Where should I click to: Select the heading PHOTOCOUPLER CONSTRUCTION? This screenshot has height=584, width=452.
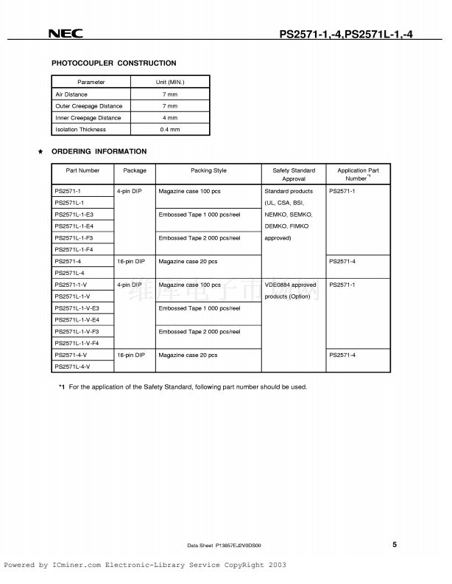(113, 63)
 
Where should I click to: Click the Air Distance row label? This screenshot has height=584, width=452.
(71, 94)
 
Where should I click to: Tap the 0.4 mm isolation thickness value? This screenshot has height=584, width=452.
(170, 130)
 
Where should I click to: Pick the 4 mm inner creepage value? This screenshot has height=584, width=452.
(170, 118)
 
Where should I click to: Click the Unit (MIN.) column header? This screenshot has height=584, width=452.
(170, 83)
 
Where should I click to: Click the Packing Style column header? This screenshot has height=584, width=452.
(208, 170)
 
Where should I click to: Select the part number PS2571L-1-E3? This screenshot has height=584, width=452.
(74, 214)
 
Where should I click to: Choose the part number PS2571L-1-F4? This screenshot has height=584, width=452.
(74, 249)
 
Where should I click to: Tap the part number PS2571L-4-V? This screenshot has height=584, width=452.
(72, 366)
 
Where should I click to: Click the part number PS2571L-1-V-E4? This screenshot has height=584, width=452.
(77, 319)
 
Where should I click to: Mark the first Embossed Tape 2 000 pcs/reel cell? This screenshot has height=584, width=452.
(199, 237)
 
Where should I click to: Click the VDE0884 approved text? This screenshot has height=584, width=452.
(290, 285)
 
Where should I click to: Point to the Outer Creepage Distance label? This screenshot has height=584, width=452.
(89, 106)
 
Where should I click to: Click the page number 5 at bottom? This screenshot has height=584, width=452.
(394, 544)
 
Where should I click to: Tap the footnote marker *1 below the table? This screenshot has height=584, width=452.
(62, 387)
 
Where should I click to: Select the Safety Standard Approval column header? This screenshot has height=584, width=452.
(293, 175)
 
